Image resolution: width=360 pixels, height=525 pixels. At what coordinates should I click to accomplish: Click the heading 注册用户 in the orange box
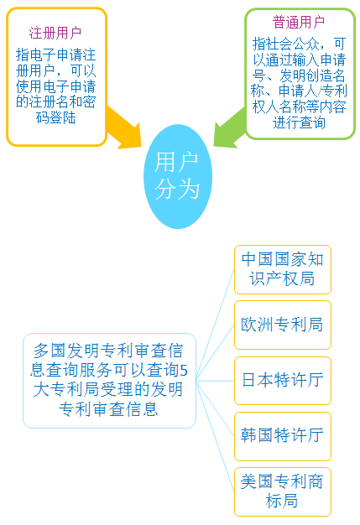(55, 33)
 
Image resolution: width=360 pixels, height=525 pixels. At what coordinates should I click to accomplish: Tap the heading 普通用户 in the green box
(299, 22)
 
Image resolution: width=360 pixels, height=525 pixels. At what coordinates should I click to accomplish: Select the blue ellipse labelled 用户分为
(178, 176)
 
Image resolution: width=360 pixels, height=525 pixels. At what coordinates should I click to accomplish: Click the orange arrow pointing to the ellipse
(124, 127)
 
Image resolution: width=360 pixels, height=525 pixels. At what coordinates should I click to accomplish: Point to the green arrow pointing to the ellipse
(230, 128)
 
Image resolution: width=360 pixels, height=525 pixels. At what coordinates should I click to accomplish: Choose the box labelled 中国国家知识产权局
(283, 269)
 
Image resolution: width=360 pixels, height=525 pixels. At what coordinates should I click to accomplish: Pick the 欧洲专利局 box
(283, 325)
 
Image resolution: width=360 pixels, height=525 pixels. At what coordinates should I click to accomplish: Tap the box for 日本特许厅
(283, 381)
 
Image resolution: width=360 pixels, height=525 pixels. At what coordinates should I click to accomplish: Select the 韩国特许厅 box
(283, 436)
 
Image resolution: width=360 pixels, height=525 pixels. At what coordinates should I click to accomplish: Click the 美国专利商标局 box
(283, 491)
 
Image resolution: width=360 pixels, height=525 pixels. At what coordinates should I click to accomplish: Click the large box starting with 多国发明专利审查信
(109, 381)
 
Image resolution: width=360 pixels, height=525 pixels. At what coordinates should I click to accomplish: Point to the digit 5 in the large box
(184, 371)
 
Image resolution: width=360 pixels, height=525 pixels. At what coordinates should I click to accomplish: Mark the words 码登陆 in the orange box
(55, 117)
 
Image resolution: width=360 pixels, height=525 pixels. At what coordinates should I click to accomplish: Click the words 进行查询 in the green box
(299, 122)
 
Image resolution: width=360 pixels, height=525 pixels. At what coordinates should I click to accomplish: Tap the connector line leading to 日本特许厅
(215, 381)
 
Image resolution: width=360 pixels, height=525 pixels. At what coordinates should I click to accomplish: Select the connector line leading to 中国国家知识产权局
(215, 325)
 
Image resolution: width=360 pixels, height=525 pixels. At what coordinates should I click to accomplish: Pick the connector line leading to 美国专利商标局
(215, 436)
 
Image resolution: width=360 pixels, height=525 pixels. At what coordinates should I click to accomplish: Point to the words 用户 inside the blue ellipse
(176, 163)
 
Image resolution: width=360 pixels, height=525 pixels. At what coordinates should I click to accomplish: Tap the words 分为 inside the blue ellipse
(177, 189)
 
